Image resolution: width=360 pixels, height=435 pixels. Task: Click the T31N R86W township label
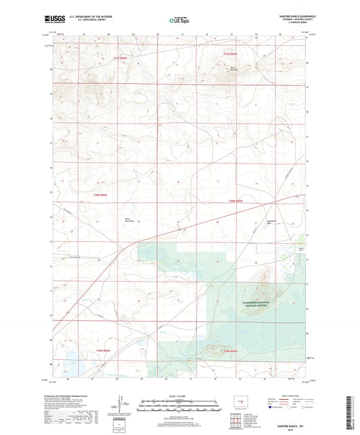pyautogui.click(x=120, y=59)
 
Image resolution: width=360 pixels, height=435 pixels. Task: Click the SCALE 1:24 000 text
pyautogui.click(x=178, y=396)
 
